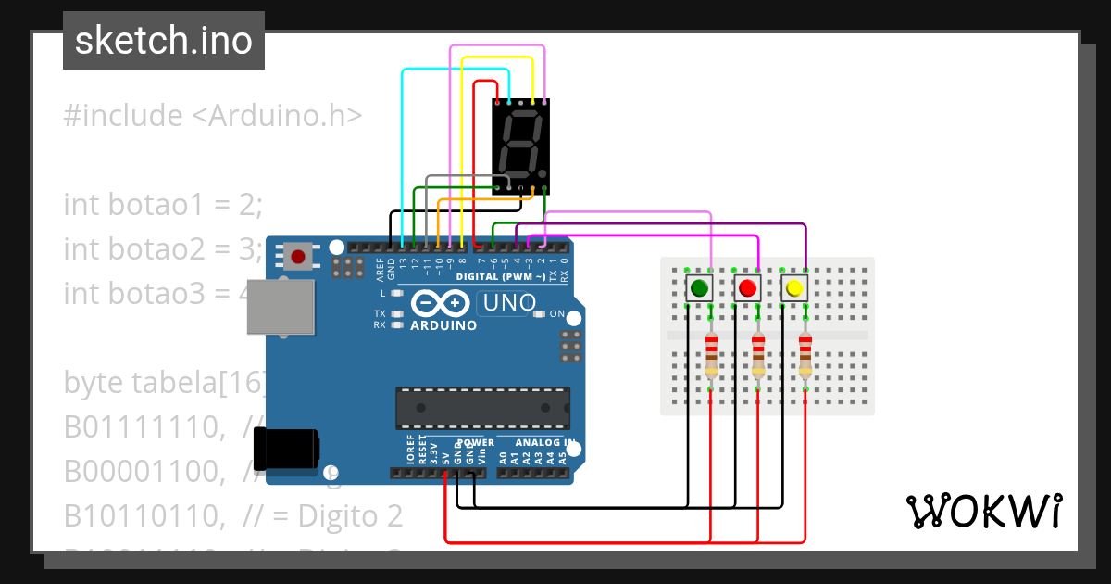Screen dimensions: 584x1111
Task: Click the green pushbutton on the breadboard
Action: (700, 288)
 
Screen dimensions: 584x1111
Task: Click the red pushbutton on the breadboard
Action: (747, 288)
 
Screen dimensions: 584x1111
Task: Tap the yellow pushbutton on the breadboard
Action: (794, 288)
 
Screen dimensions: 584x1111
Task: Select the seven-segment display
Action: (520, 144)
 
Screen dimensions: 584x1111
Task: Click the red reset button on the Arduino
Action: (297, 256)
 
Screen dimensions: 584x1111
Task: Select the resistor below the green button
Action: (711, 354)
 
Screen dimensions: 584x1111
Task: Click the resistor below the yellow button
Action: (805, 354)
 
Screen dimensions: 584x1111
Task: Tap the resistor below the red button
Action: (758, 354)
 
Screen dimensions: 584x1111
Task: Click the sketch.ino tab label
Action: (164, 41)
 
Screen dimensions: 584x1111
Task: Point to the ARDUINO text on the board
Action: (443, 325)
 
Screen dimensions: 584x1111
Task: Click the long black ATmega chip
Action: (481, 404)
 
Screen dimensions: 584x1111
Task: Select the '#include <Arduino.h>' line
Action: (213, 116)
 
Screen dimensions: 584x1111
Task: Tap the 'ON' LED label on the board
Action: (557, 314)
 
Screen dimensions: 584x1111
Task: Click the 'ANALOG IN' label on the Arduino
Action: (545, 442)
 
